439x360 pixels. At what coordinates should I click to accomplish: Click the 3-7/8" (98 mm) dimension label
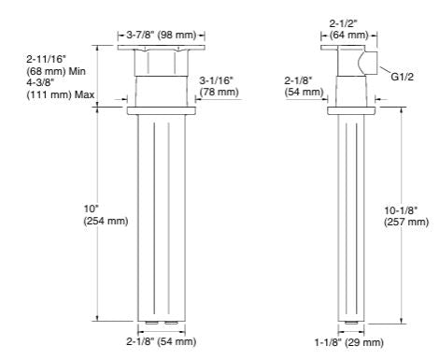coord(163,35)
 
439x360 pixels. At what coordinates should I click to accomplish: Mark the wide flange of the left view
coord(163,111)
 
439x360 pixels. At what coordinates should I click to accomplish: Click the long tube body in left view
coord(163,215)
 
